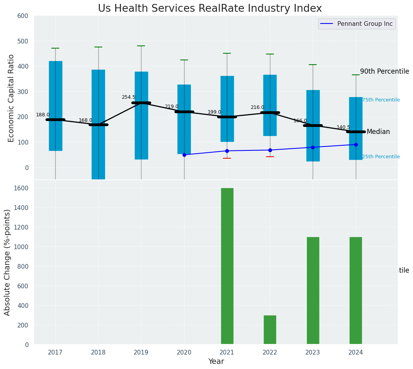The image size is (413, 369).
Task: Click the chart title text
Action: [x=210, y=9]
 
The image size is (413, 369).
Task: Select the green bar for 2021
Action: [x=227, y=266]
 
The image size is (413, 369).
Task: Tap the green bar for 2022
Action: [x=270, y=330]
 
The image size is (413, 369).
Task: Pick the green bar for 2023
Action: [x=313, y=290]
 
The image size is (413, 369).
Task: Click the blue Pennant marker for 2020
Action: [x=184, y=155]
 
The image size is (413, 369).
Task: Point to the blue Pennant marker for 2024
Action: [x=356, y=145]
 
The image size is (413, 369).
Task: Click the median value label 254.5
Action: [x=129, y=97]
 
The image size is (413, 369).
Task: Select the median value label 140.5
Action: [x=343, y=128]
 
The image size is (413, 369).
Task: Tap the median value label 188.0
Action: [x=43, y=115]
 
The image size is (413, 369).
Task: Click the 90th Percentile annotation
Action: [x=384, y=71]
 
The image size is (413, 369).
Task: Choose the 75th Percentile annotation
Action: [x=380, y=100]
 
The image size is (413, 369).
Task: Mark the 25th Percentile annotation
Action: [x=380, y=157]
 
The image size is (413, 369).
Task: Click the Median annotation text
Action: [x=378, y=132]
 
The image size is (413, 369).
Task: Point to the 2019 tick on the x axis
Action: [x=141, y=353]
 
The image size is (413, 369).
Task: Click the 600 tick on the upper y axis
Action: [x=23, y=16]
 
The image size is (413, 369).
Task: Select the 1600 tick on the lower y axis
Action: [x=21, y=188]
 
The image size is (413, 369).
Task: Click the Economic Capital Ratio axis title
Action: [x=11, y=98]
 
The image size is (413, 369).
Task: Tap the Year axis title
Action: [x=216, y=362]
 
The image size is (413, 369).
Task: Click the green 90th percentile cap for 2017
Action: [x=55, y=48]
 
